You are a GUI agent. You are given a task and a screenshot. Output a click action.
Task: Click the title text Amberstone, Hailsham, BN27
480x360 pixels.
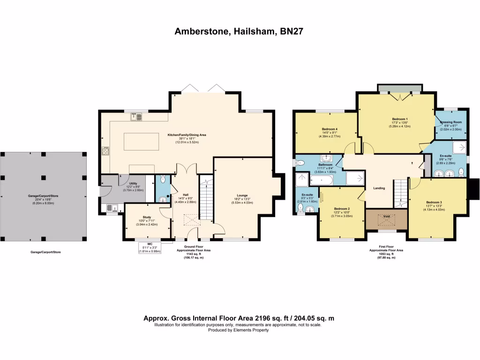tap(240, 32)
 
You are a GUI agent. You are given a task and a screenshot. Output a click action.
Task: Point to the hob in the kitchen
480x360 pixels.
tap(105, 151)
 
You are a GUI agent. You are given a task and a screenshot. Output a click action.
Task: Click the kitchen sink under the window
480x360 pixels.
tap(136, 117)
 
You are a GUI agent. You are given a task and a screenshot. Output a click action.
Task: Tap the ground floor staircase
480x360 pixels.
tap(206, 192)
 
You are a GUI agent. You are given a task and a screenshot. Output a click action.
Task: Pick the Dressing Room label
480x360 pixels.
tap(451, 122)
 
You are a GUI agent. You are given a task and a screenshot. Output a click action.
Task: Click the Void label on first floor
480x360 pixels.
tap(387, 216)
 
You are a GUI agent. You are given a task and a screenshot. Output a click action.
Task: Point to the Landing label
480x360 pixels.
tap(379, 188)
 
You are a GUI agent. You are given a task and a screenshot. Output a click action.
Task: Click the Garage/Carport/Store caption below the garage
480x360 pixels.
tap(45, 252)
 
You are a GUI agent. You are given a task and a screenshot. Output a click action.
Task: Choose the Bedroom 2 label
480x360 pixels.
tap(342, 209)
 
